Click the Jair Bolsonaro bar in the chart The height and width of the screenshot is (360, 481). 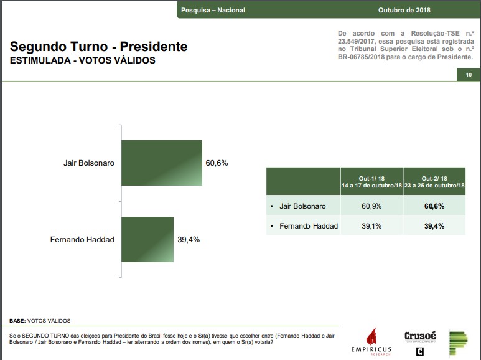[162, 163]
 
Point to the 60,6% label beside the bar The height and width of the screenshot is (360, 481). [217, 163]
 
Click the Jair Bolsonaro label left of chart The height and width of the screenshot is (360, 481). [88, 163]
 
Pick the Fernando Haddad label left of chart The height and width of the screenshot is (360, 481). [82, 240]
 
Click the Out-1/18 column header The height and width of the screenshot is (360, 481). [371, 182]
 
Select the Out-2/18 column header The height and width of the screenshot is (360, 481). [434, 182]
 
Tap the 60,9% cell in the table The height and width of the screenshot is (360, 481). [371, 206]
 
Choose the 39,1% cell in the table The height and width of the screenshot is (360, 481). [371, 226]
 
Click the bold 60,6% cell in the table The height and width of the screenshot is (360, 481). [434, 206]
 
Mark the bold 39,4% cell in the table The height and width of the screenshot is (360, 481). [434, 226]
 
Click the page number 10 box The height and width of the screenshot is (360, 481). [468, 75]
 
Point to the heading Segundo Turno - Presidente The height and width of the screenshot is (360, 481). [98, 47]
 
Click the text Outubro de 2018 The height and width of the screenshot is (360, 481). [404, 10]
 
